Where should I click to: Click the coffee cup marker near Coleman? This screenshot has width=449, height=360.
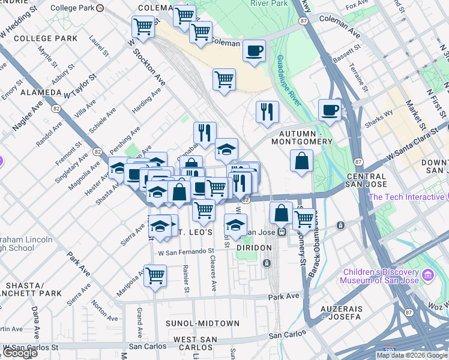coord(255,50)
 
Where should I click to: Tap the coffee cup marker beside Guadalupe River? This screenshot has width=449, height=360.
coord(330,110)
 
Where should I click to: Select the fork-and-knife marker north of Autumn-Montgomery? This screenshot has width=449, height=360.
coord(267,112)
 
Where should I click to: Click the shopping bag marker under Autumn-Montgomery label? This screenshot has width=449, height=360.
coord(301,161)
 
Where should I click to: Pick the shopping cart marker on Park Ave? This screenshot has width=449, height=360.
coord(155,276)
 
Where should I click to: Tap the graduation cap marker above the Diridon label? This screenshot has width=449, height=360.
coord(235,226)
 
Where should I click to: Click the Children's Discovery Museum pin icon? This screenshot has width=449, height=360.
coord(427,275)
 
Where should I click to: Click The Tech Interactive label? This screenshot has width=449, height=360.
coord(406,197)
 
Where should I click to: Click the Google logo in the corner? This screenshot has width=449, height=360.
coord(20,352)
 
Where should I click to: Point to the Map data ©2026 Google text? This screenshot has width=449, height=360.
coord(412,355)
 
